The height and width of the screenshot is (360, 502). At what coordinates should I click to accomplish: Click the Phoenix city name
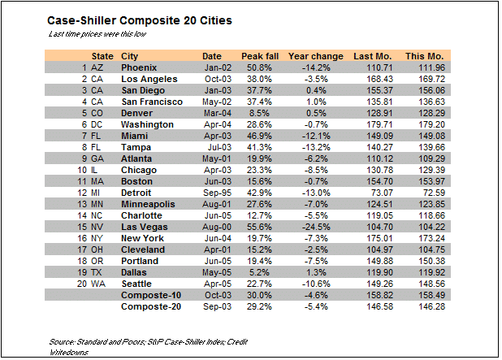click(139, 67)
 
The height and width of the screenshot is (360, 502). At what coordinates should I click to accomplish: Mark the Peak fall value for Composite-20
click(257, 306)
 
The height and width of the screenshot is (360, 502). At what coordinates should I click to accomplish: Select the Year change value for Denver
click(317, 112)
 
